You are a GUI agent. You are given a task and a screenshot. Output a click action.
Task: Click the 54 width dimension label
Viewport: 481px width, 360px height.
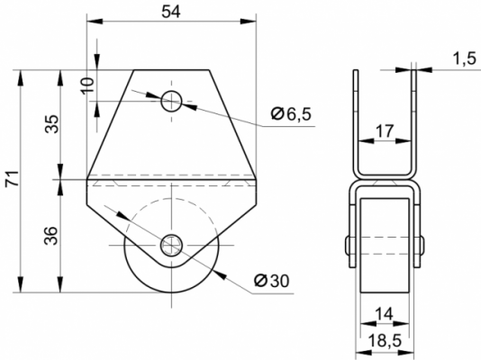171,12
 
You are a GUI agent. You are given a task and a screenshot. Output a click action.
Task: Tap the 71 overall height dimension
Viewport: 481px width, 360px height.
13,178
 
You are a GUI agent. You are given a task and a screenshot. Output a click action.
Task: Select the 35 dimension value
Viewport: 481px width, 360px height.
52,123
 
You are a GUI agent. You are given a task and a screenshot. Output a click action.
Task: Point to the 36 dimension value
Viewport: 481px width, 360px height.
51,236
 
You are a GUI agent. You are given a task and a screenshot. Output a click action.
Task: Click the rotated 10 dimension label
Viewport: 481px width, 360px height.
87,85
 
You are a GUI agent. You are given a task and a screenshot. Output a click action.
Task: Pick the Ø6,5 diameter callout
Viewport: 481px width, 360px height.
291,114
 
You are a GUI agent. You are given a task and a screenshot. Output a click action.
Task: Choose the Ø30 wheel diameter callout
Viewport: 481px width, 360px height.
272,280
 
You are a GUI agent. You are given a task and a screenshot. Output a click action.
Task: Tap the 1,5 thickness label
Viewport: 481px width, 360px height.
465,58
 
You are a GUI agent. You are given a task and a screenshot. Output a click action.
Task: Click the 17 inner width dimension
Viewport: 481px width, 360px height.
385,131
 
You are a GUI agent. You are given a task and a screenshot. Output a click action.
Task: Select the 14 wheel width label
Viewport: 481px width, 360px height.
384,314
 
